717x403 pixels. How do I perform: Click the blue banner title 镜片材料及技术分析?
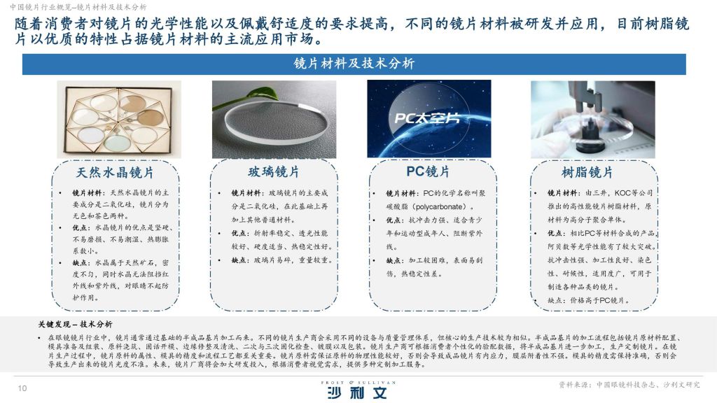354,64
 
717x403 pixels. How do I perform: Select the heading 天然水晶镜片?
115,173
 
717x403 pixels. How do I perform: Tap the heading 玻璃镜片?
274,172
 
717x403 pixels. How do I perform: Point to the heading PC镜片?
428,171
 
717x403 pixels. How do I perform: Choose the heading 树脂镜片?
587,172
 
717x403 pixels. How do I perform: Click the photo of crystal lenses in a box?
119,120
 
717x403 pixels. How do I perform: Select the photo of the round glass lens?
274,120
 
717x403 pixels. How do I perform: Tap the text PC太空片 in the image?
427,118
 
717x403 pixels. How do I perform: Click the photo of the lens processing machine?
592,120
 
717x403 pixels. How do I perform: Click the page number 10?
22,388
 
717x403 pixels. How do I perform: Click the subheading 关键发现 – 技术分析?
75,324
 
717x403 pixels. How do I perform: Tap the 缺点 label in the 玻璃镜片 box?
239,260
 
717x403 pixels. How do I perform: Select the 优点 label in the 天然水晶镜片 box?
81,227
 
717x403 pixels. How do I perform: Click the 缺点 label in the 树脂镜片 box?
556,300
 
